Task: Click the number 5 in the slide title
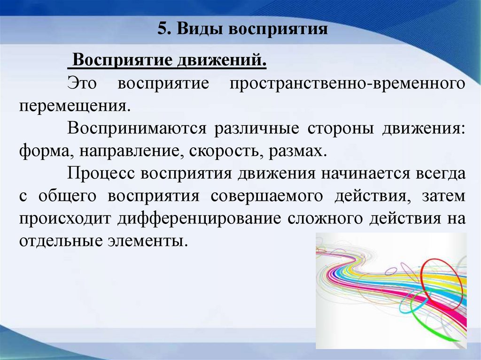pos(162,29)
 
